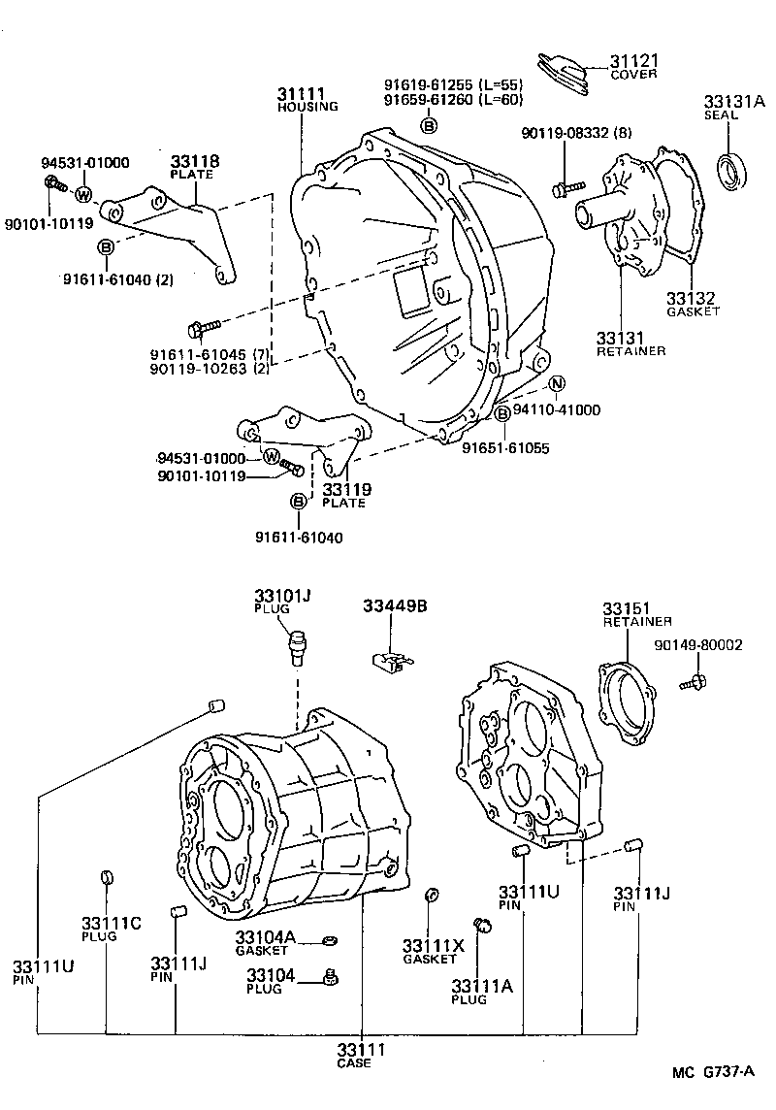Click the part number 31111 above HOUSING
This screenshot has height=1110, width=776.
(301, 93)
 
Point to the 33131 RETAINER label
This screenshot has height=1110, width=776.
(630, 343)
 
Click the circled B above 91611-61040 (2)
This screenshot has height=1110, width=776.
(106, 247)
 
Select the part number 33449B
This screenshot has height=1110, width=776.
(395, 606)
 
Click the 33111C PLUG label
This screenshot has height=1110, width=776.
(112, 929)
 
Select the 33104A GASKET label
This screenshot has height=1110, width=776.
(270, 943)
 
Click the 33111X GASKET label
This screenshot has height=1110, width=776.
(433, 951)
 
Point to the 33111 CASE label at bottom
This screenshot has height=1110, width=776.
(361, 1055)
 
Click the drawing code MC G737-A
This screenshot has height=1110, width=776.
(714, 1072)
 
